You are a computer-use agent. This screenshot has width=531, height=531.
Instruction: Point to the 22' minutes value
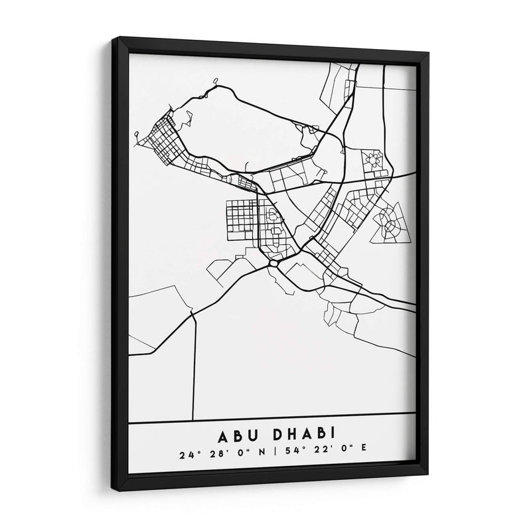pos(314,455)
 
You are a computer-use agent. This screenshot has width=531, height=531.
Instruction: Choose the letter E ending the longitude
pos(363,455)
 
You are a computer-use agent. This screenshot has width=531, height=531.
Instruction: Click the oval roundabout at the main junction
pos(273,264)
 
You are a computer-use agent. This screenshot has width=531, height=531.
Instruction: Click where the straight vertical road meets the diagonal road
pos(194,314)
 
